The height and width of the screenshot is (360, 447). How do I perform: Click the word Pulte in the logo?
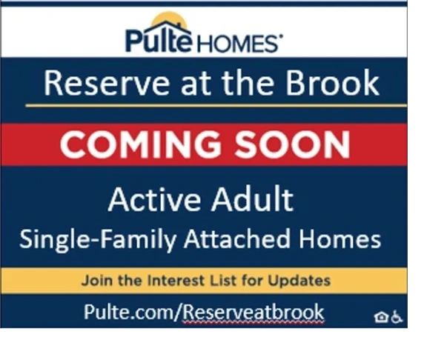coord(158,40)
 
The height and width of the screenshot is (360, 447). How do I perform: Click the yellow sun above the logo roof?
coord(169,19)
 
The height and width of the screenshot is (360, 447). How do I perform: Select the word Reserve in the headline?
coord(106,83)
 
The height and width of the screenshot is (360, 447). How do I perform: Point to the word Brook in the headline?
coord(333,83)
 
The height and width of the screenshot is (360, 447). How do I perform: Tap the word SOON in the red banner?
coord(292,144)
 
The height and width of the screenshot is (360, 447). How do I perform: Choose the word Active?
coord(154,199)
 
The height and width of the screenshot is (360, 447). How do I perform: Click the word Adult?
coord(252,199)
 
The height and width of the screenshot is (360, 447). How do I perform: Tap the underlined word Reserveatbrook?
coord(253,312)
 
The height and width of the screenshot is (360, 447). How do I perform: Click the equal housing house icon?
coord(381,317)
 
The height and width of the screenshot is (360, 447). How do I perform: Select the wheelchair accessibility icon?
coord(397,317)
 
